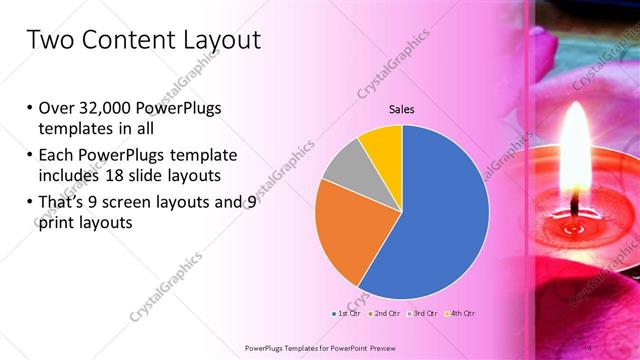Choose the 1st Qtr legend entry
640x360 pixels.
pos(346,314)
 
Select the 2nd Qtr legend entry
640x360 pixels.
pos(385,314)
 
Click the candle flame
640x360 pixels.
pos(575,150)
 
